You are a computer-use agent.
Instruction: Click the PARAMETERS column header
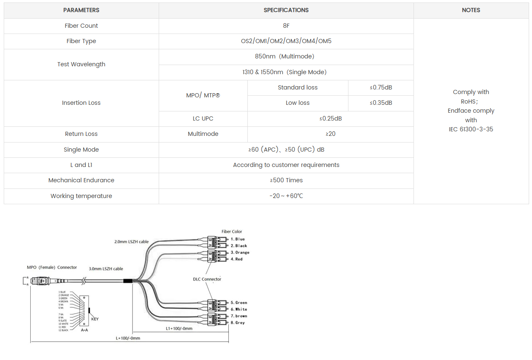pos(81,10)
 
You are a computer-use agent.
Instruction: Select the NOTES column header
pos(471,10)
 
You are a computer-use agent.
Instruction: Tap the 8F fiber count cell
pos(286,26)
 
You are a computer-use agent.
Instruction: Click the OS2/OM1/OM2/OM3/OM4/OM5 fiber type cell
pos(286,41)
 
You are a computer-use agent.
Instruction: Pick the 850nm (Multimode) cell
pos(286,56)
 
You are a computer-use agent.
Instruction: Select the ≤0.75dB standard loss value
pos(381,87)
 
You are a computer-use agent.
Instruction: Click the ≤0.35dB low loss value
pos(381,103)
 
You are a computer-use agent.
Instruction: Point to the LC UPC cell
pos(203,118)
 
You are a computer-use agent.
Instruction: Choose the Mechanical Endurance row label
pos(81,180)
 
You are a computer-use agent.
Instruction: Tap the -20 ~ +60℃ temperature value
pos(286,196)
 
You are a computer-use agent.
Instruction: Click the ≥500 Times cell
pos(286,180)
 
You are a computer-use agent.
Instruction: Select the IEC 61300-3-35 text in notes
pos(471,129)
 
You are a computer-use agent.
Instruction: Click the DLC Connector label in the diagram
pos(207,279)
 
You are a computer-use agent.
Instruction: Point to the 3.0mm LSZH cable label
pos(106,269)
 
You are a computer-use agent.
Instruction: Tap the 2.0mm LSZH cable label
pos(131,242)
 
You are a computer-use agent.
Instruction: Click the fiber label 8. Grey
pos(238,323)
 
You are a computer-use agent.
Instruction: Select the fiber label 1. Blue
pos(238,239)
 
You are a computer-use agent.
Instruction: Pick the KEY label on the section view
pos(95,319)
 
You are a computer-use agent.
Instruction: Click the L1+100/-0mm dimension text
pos(179,329)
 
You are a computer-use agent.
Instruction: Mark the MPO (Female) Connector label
pos(52,268)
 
